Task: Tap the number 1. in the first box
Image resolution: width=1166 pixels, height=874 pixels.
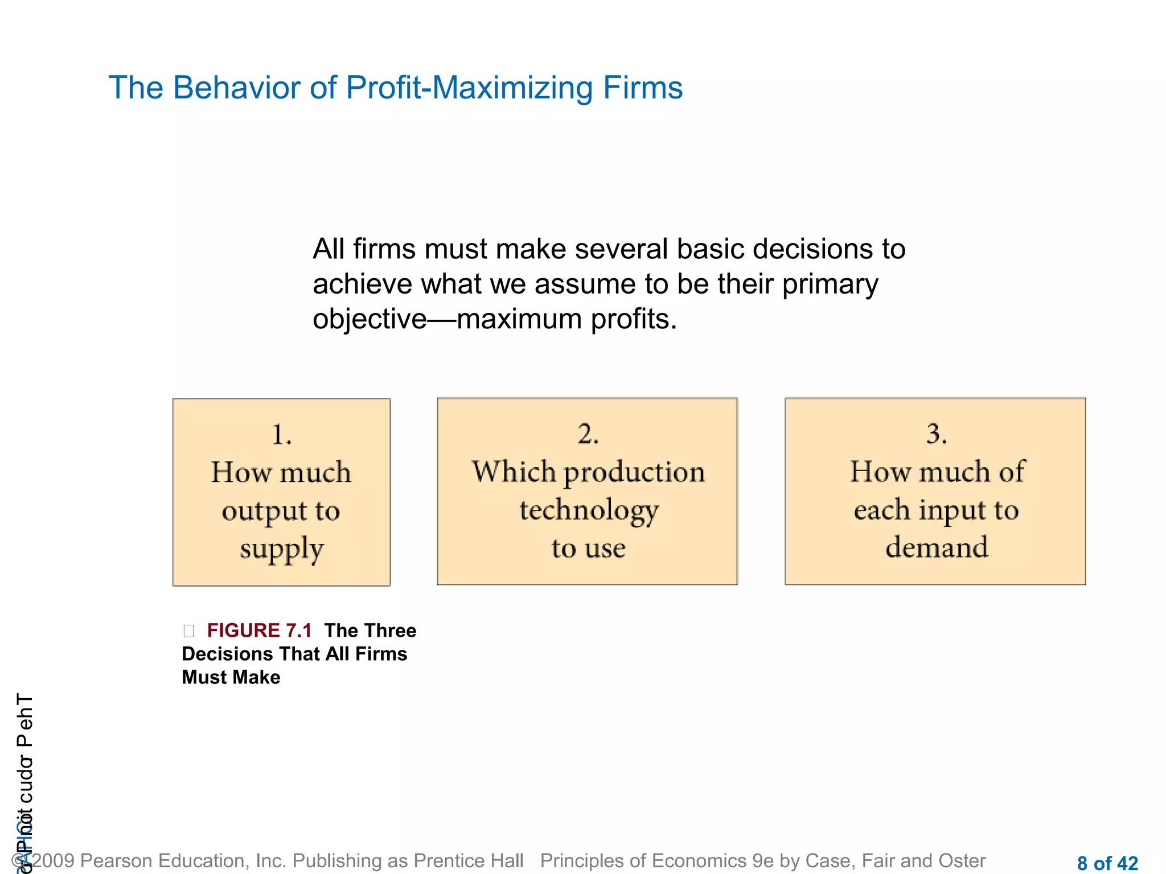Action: [282, 435]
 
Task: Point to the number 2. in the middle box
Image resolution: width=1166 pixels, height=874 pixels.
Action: [588, 434]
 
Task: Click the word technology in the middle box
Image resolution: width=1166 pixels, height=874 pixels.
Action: [589, 510]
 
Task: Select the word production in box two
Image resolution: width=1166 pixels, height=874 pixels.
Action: [634, 472]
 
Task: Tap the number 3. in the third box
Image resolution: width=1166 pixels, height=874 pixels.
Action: [937, 434]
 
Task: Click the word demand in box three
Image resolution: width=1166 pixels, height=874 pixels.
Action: [937, 547]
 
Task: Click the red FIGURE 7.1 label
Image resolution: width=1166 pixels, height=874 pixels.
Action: [260, 630]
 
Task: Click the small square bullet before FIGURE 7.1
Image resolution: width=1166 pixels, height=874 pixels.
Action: [189, 630]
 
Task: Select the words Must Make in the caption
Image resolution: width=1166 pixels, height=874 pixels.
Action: [231, 677]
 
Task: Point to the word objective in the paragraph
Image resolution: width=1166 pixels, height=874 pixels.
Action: [369, 319]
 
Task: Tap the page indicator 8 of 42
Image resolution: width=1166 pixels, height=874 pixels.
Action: [1107, 863]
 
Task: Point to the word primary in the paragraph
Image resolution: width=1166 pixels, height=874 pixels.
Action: [830, 284]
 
